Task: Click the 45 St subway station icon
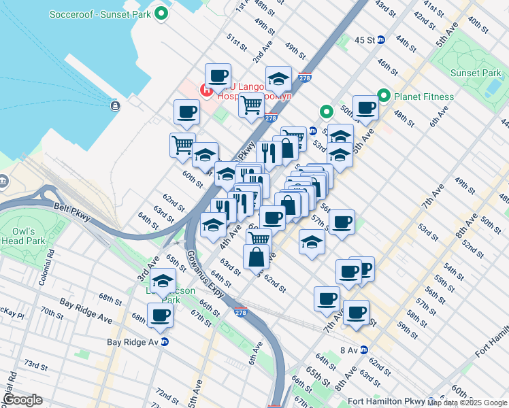pyautogui.click(x=382, y=40)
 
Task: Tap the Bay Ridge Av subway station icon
pyautogui.click(x=163, y=341)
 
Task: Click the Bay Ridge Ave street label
pyautogui.click(x=85, y=309)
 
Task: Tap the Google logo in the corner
pyautogui.click(x=23, y=399)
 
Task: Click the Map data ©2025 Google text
pyautogui.click(x=467, y=403)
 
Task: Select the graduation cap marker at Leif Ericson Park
pyautogui.click(x=163, y=281)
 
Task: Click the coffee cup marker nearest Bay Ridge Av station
pyautogui.click(x=161, y=316)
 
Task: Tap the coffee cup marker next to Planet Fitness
pyautogui.click(x=365, y=107)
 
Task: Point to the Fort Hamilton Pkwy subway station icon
pyautogui.click(x=430, y=401)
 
